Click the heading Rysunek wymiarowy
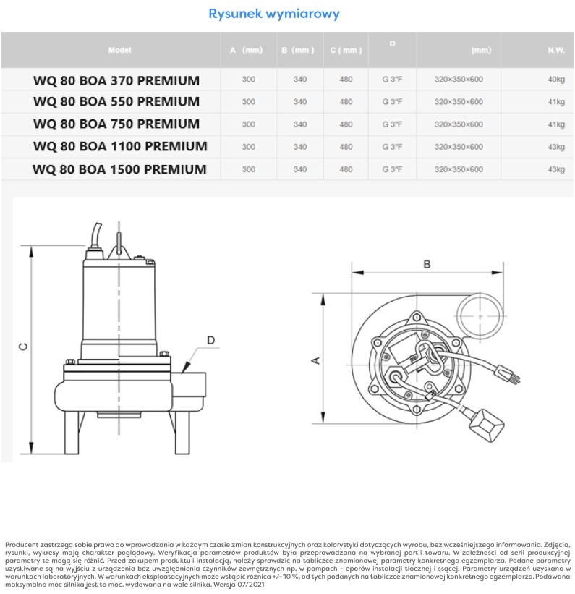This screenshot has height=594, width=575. [273, 14]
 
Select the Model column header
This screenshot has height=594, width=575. [119, 50]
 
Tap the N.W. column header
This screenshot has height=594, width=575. [555, 50]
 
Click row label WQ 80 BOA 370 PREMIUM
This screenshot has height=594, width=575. [116, 80]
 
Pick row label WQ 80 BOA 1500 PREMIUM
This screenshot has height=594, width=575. [119, 170]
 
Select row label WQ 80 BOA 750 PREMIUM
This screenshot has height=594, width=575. [116, 124]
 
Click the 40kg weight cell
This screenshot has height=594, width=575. [555, 80]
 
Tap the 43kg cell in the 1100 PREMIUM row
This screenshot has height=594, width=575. [555, 147]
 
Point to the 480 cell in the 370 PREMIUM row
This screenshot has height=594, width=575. [346, 80]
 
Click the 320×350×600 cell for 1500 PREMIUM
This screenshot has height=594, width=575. [459, 169]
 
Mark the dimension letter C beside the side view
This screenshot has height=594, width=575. [23, 347]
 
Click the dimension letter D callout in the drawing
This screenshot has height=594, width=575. [210, 340]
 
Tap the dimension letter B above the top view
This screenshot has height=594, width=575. [427, 265]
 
